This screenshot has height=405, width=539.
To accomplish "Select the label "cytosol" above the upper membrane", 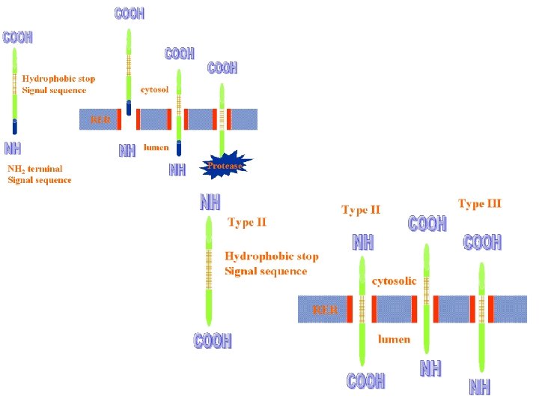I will coord(155,89).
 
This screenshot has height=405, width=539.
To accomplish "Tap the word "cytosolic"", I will coord(395,281).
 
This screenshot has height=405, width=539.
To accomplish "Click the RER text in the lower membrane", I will coord(325,309).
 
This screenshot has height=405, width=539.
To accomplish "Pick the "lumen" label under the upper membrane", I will coord(156,148).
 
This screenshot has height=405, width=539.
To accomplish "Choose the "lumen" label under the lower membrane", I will coord(394,339).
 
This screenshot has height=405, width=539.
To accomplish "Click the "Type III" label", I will coord(479,203).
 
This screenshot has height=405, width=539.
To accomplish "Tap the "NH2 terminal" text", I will coord(35,169).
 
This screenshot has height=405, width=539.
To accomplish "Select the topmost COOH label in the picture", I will coord(129,13).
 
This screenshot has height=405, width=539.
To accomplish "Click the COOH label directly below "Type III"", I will coord(482,243).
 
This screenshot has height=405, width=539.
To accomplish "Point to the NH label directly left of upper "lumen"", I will coord(127,151).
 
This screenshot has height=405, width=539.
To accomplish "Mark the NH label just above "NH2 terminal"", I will coord(13,147).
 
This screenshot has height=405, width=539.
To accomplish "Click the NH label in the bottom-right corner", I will coord(480,387).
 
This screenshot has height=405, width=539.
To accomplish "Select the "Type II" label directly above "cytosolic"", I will coord(361,210).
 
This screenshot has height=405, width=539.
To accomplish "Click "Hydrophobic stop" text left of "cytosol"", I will coord(58,78).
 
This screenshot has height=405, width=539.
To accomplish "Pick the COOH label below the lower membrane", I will coord(365,381).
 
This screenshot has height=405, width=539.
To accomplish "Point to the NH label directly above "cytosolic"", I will coord(363,242).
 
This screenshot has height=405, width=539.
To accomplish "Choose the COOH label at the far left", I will coord(18,37).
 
